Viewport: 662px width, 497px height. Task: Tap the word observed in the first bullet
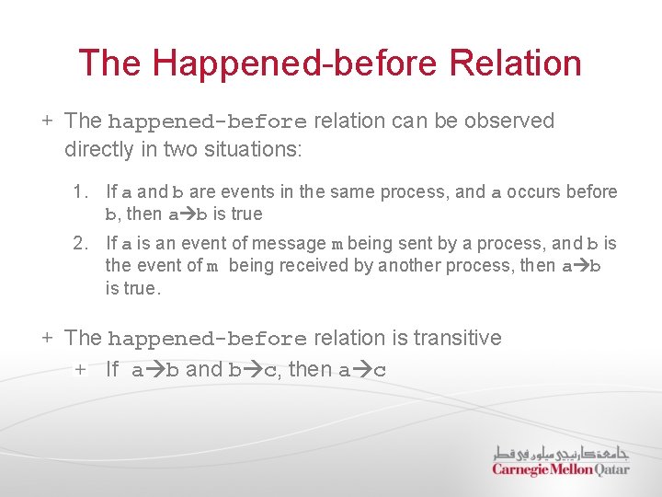[x=511, y=121]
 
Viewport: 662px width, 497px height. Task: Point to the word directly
[x=101, y=148]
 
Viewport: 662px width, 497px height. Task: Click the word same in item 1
[x=339, y=192]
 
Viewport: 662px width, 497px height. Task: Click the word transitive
[x=457, y=338]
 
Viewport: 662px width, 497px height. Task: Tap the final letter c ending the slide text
[x=380, y=371]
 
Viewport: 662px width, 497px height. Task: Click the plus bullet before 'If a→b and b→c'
[x=81, y=370]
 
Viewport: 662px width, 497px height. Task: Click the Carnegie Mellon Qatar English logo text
[x=560, y=469]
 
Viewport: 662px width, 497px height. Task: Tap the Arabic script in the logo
[x=560, y=453]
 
